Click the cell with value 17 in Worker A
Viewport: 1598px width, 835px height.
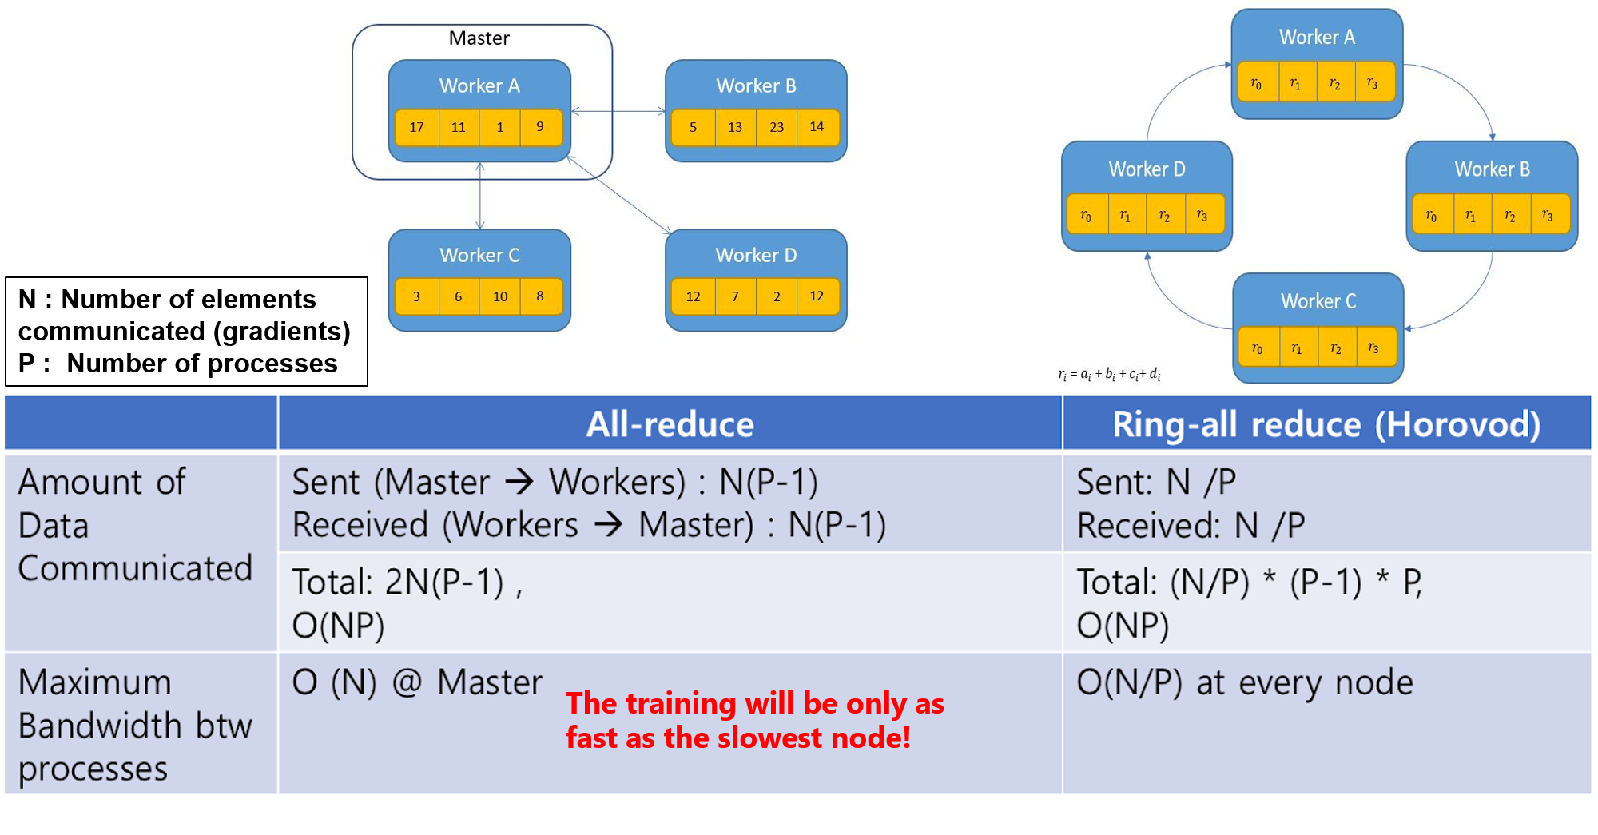point(416,127)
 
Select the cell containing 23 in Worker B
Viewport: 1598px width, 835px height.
point(777,127)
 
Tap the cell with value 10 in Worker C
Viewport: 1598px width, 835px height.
point(500,296)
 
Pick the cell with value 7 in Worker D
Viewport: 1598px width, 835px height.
point(735,296)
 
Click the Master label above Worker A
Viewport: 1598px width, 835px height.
point(479,38)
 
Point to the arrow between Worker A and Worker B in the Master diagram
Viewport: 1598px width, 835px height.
point(618,111)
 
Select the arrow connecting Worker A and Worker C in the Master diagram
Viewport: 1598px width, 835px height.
point(480,196)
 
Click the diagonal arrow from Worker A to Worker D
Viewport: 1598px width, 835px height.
point(619,196)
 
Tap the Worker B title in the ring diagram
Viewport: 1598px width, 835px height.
point(1492,169)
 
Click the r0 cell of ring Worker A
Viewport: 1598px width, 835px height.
point(1256,84)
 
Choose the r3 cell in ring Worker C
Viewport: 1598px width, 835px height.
point(1373,348)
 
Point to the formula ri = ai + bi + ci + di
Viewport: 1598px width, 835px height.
point(1109,374)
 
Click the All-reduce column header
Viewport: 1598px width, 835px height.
point(670,424)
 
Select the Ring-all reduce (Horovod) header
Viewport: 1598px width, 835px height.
point(1326,424)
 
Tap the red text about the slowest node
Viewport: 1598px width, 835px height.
point(753,720)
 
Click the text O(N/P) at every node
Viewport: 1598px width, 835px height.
point(1244,683)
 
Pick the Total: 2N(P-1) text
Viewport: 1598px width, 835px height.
point(406,582)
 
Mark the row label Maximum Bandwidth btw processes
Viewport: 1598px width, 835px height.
point(134,725)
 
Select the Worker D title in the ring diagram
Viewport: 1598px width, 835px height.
point(1147,169)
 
